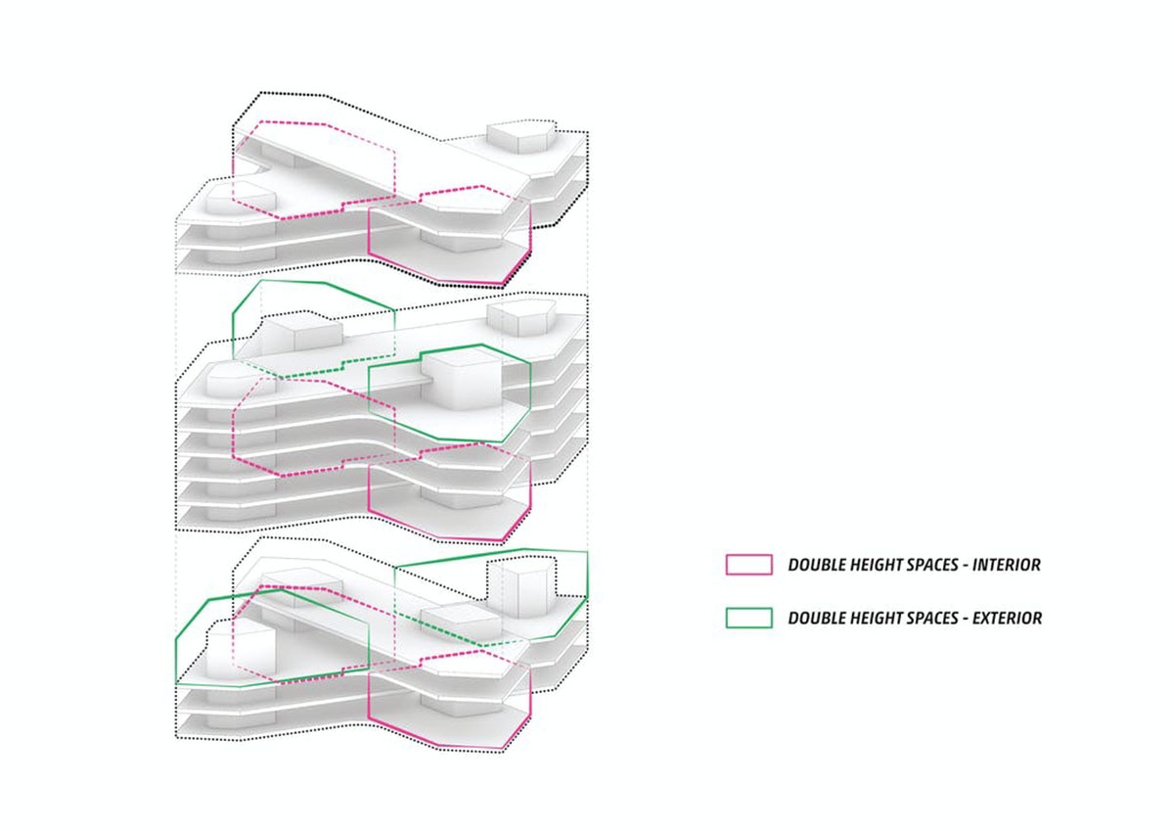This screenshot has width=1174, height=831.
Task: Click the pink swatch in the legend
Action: (748, 565)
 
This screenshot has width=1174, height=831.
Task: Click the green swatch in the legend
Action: (748, 618)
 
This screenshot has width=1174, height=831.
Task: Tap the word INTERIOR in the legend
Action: (1007, 565)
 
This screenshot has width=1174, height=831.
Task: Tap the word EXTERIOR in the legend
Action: (1007, 619)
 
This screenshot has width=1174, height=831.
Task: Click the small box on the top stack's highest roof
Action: (520, 137)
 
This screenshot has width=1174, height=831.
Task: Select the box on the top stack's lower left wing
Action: (241, 197)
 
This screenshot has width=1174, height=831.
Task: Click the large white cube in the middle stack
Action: (461, 379)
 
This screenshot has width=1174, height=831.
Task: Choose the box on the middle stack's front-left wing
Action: (241, 381)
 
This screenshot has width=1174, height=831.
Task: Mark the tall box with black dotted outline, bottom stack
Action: (520, 585)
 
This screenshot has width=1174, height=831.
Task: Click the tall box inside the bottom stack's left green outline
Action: (241, 653)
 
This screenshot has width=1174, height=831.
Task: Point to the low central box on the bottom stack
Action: (461, 621)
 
